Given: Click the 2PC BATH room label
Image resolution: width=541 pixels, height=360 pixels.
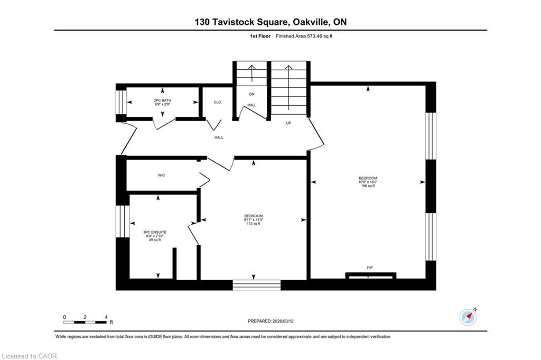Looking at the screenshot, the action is click(162, 100).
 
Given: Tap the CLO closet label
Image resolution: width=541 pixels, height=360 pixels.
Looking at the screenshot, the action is click(217, 102).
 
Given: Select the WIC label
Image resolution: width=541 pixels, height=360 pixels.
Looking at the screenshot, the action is click(162, 176).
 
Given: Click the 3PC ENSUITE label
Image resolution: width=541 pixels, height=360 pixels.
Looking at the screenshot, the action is click(155, 232).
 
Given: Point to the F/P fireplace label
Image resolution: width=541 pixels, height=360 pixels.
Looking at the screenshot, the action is click(369, 267).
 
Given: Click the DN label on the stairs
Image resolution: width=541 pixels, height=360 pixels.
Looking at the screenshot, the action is click(251, 94).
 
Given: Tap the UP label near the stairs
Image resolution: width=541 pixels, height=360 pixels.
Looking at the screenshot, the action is click(288, 123).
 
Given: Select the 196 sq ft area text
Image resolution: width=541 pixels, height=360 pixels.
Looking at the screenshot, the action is click(368, 186).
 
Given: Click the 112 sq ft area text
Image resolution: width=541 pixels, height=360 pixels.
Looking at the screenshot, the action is click(254, 224).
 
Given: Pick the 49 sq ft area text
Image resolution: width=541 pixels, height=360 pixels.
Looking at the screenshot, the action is click(155, 240).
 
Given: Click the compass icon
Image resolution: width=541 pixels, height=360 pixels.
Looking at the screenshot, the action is click(468, 317).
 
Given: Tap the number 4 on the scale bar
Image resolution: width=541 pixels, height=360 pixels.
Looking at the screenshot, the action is click(106, 317).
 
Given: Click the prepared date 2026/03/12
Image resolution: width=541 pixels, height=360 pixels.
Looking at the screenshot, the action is click(283, 321).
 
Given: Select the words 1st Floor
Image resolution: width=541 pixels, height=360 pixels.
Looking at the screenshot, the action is click(260, 36).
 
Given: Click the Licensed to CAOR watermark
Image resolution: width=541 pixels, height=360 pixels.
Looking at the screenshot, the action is click(30, 356).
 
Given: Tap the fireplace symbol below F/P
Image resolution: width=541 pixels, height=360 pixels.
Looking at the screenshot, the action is click(370, 275).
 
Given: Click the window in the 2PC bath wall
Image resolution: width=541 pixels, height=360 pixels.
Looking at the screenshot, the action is click(121, 102).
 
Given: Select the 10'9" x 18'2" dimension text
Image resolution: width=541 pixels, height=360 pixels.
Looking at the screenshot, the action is click(368, 182).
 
